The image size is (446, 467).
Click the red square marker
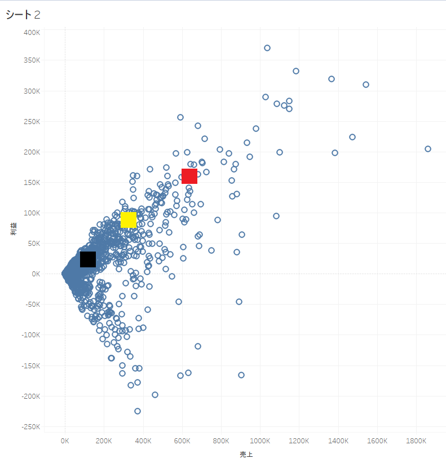click(189, 176)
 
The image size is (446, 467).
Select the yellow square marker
click(129, 219)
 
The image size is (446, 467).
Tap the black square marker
click(88, 259)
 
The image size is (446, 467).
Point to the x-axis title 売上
click(246, 455)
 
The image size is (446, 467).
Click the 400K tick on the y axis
click(31, 33)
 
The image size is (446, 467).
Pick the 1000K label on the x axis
click(260, 440)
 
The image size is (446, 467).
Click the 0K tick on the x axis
click(65, 440)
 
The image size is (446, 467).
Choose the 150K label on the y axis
click(31, 183)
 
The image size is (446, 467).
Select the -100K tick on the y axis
click(29, 335)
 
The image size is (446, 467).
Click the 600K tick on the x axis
click(182, 440)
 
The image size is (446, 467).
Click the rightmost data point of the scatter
click(428, 149)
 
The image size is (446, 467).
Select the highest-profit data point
click(267, 48)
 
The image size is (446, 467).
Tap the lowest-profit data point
click(138, 411)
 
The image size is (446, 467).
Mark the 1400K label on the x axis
click(338, 440)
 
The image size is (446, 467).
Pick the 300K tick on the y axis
click(31, 91)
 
